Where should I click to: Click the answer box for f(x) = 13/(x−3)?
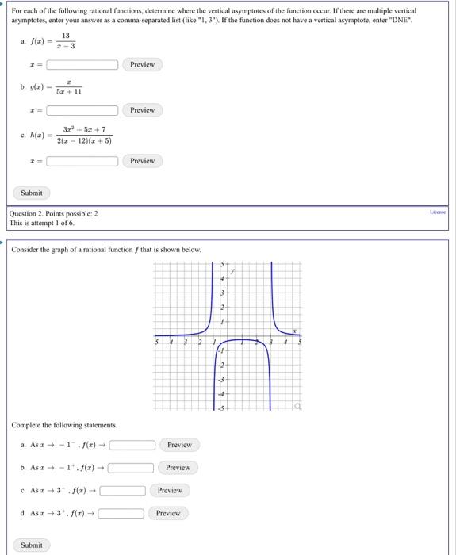tap(82, 64)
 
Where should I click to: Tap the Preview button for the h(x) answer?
tap(142, 161)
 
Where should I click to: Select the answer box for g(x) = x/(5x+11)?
tap(82, 110)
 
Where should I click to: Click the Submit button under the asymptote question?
tap(31, 193)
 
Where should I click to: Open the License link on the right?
tap(438, 212)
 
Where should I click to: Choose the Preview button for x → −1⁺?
tap(178, 468)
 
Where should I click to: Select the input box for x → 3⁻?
tap(121, 491)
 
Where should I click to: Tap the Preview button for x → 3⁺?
tap(168, 514)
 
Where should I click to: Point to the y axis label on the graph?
tap(233, 270)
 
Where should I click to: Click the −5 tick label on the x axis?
tap(156, 343)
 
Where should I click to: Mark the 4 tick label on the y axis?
tap(222, 278)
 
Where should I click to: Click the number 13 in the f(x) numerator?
tap(65, 36)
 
